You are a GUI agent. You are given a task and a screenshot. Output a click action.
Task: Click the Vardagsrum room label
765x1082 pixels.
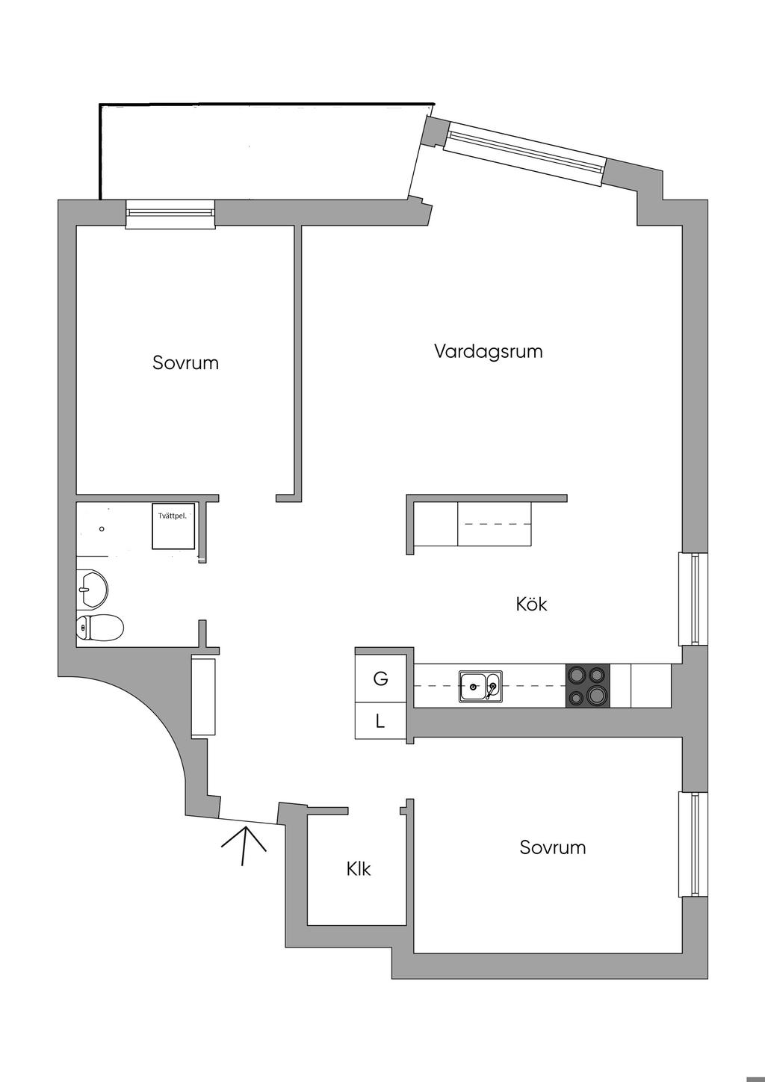coord(488,351)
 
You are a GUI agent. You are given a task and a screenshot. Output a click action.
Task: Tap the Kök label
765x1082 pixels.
coord(531,604)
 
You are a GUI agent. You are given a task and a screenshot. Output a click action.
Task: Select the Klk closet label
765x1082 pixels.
coord(359,869)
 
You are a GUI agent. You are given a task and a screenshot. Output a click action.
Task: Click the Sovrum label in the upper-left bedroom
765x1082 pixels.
coord(185,363)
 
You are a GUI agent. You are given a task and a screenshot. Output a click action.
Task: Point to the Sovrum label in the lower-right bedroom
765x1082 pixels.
coord(553,847)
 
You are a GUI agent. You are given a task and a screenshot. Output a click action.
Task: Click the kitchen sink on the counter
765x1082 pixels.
coord(480,686)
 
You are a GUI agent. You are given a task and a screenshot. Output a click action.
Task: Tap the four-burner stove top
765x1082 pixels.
coord(587,686)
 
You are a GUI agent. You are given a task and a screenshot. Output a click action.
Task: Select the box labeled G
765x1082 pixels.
coord(381,678)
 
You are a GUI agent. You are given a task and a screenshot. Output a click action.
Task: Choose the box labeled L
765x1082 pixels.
coord(380,722)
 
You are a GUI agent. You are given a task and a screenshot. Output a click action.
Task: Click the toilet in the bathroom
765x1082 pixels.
coord(100,628)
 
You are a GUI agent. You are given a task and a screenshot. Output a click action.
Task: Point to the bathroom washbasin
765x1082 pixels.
coord(92,590)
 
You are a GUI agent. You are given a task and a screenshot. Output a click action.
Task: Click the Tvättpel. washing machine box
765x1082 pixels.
coord(174,526)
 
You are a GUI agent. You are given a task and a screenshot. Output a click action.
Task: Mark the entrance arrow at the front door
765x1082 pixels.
coord(244,844)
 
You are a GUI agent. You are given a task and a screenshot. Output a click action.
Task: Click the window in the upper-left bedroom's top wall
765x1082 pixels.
coord(170,214)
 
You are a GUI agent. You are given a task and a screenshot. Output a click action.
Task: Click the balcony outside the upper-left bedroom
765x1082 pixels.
coord(254,153)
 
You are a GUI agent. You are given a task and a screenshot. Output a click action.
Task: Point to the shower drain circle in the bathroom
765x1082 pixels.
coord(102,528)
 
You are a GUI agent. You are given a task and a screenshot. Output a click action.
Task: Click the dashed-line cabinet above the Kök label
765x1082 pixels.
coord(494,524)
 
